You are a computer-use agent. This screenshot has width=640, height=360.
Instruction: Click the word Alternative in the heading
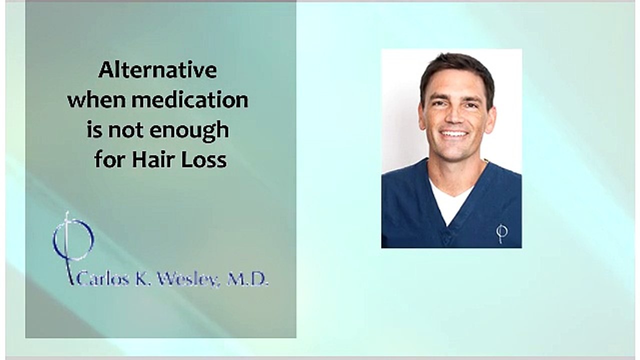pos(157,70)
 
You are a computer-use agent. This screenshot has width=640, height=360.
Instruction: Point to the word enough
pos(189,130)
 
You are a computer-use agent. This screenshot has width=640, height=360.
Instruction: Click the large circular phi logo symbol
pos(73,240)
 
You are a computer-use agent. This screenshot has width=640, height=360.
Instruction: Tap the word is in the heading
pos(94,130)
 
